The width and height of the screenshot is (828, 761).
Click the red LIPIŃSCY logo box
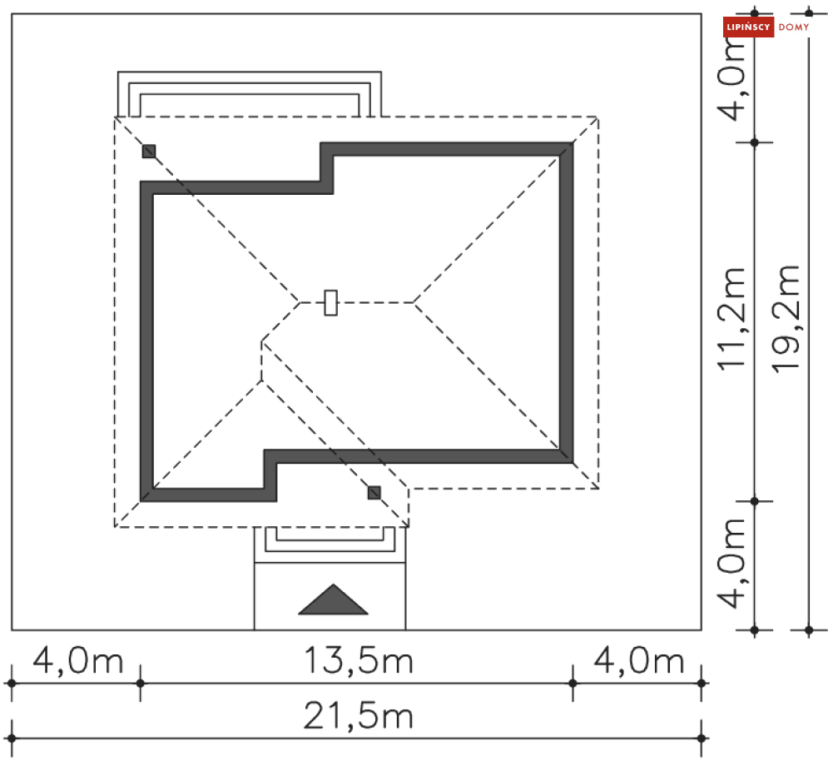click(748, 27)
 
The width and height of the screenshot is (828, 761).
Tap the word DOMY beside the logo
click(794, 27)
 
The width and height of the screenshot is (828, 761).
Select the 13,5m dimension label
click(359, 661)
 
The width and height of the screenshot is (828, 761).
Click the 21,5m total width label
click(359, 717)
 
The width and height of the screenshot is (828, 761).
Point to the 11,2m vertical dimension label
click(732, 318)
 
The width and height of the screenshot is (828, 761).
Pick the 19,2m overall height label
click(786, 319)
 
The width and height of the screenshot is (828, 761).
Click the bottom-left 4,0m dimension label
click(78, 661)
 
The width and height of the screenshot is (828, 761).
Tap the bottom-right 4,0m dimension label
click(639, 661)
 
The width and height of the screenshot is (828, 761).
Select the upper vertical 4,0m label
click(732, 79)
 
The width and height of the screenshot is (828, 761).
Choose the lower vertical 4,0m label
click(732, 564)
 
